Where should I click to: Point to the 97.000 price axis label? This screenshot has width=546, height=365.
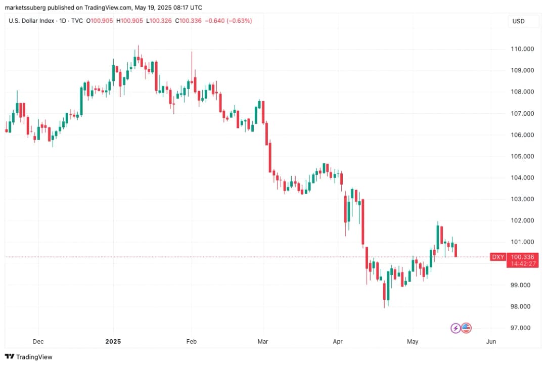pos(521,328)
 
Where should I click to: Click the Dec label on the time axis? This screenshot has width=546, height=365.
pos(38,342)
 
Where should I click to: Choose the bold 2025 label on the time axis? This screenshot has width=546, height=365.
pos(113,342)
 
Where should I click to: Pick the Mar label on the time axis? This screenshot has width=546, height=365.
pos(262,342)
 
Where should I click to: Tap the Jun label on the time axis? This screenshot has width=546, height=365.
pos(490,342)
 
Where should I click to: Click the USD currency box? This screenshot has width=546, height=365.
pos(518,21)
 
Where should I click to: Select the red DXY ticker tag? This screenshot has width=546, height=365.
pos(498,257)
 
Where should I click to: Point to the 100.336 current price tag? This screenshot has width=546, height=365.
pos(522,257)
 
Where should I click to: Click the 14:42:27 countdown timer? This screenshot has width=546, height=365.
pos(522,264)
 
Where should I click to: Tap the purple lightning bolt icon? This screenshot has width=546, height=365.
pos(456,328)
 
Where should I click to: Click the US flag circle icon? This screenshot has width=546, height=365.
pos(466,328)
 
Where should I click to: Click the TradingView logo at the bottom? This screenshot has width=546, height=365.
pos(29,357)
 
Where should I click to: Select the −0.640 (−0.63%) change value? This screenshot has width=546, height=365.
pos(227,21)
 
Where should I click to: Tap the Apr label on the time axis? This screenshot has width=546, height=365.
pos(338,342)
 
